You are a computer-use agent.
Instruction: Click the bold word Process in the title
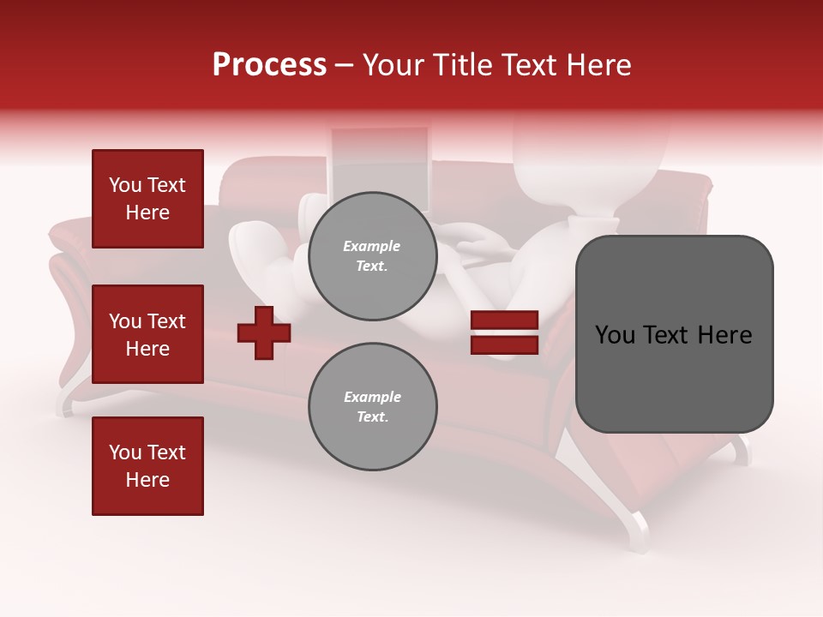pos(269,65)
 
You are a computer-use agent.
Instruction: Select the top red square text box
pos(147,199)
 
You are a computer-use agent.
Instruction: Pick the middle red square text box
pos(147,334)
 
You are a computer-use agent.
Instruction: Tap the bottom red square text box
pos(147,466)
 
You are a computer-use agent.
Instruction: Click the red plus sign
pos(264,332)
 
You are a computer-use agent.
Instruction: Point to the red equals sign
pos(504,332)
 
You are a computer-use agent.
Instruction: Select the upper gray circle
pos(373,256)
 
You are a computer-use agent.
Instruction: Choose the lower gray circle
pos(373,407)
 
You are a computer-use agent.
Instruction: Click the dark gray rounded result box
pos(674,334)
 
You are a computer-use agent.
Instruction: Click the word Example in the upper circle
pos(371,246)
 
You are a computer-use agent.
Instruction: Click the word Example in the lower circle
pos(372,397)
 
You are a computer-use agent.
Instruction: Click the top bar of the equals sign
pos(504,320)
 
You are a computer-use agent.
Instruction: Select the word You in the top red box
pos(124,185)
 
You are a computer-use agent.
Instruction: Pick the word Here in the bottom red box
pos(147,480)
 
